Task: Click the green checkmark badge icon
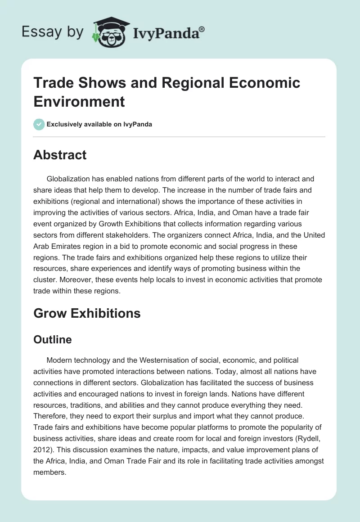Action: coord(39,124)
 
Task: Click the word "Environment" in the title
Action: coord(79,101)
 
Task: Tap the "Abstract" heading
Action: coord(60,155)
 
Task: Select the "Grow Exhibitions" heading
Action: coord(87,313)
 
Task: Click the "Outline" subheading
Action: coord(53,340)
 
